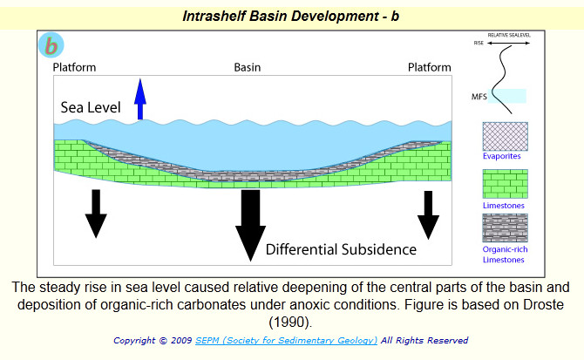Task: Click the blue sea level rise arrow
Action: pyautogui.click(x=140, y=99)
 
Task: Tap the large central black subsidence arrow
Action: pyautogui.click(x=250, y=225)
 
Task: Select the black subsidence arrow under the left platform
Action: pyautogui.click(x=96, y=214)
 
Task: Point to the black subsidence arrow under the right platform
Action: pyautogui.click(x=428, y=215)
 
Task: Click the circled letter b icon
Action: pyautogui.click(x=51, y=45)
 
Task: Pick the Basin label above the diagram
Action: pyautogui.click(x=248, y=67)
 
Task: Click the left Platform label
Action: pyautogui.click(x=74, y=67)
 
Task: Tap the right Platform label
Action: pyautogui.click(x=430, y=67)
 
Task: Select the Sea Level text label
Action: pyautogui.click(x=91, y=107)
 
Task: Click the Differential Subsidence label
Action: pyautogui.click(x=341, y=249)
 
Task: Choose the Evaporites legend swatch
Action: pyautogui.click(x=505, y=136)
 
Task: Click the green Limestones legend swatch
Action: pyautogui.click(x=505, y=184)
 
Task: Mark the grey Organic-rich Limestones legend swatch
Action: pyautogui.click(x=505, y=228)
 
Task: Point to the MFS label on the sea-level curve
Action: pyautogui.click(x=479, y=97)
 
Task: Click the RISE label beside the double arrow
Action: pyautogui.click(x=479, y=44)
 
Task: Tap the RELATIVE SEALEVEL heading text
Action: pyautogui.click(x=509, y=35)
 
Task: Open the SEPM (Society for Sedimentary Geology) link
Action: pyautogui.click(x=286, y=340)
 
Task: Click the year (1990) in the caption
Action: pyautogui.click(x=290, y=322)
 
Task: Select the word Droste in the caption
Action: pyautogui.click(x=543, y=304)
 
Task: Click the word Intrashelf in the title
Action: pyautogui.click(x=214, y=17)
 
